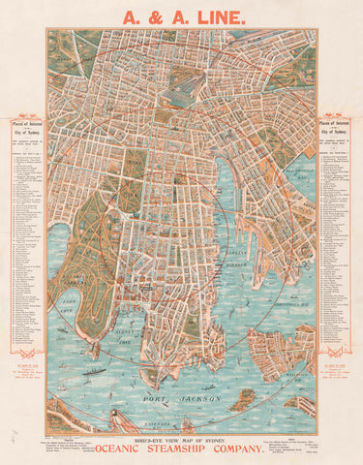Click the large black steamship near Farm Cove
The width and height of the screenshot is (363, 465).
point(94,370)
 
